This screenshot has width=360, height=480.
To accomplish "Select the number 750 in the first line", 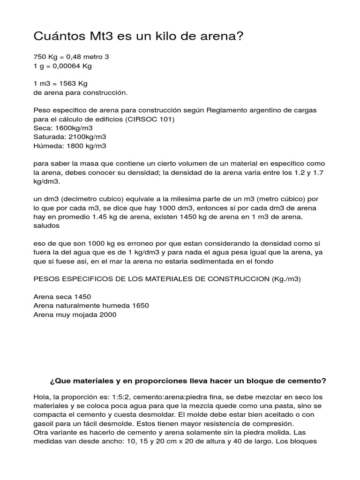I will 40,57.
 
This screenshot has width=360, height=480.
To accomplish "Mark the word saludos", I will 46,225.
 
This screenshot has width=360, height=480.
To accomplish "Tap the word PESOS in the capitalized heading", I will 46,278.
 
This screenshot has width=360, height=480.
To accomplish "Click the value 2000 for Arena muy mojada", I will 107,315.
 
